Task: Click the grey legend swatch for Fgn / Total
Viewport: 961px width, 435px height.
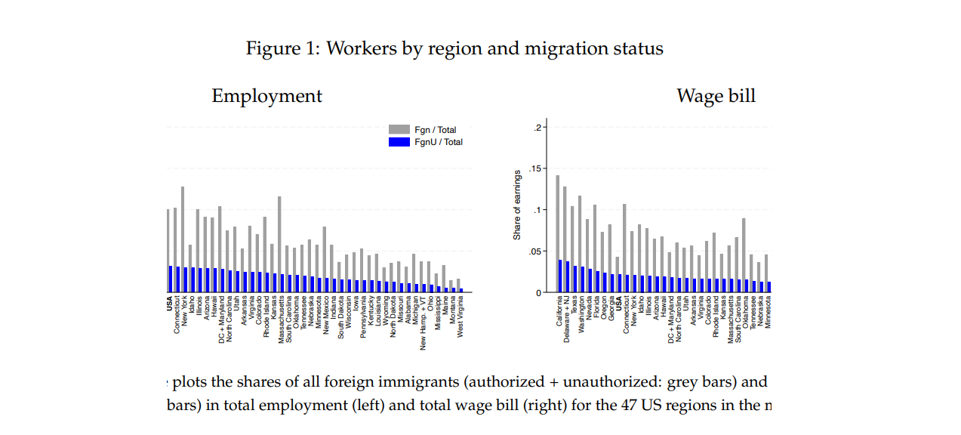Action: pos(399,130)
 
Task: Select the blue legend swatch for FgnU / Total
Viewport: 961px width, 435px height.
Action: pos(399,142)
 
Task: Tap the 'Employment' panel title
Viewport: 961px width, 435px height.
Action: pos(266,97)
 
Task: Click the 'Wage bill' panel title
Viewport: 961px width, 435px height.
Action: pos(716,97)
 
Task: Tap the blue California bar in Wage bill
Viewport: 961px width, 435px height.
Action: pos(559,276)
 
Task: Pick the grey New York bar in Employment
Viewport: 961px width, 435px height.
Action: pos(183,227)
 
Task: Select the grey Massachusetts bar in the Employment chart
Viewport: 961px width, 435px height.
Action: pos(279,235)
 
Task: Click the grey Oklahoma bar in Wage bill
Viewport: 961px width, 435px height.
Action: pos(744,248)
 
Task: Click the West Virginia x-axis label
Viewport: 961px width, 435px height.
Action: pos(461,318)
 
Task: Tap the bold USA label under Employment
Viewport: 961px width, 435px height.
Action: pos(169,304)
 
